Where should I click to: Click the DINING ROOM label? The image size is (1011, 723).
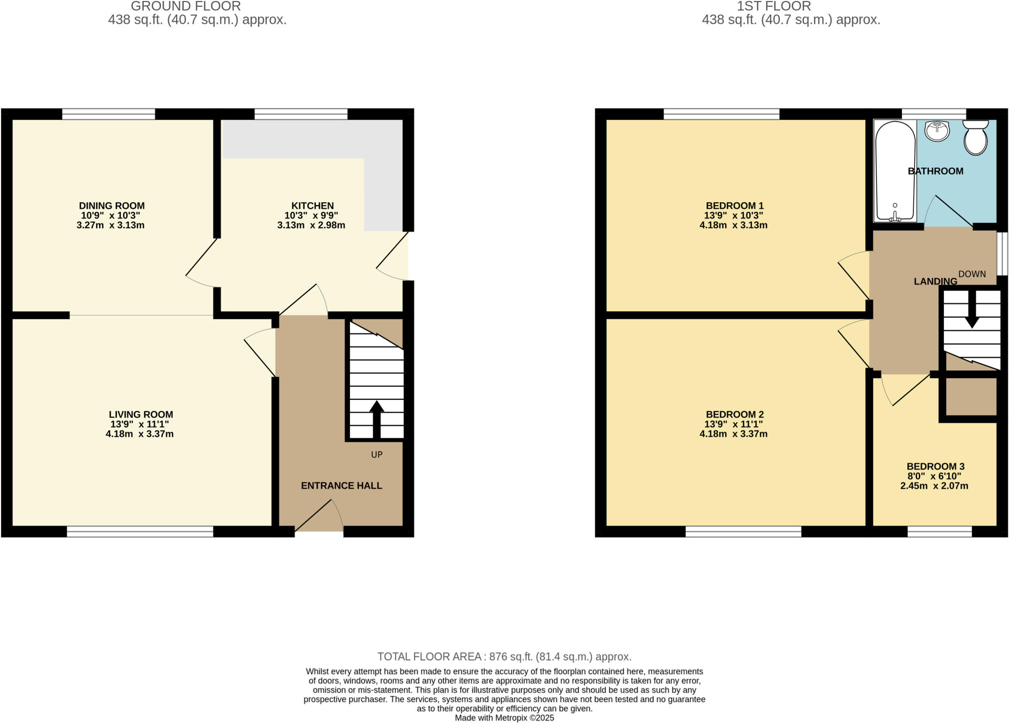[112, 206]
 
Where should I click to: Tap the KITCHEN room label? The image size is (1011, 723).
[312, 206]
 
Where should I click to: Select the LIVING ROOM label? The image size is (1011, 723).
[141, 415]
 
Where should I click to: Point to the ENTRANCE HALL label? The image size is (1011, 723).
[342, 486]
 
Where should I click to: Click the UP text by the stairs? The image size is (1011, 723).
[377, 455]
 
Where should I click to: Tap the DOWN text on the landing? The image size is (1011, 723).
[972, 274]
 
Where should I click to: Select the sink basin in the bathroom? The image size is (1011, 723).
[937, 131]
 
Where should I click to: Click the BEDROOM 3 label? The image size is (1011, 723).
[935, 467]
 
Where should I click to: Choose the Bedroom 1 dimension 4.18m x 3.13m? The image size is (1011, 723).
[733, 225]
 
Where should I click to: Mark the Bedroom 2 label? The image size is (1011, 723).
[735, 415]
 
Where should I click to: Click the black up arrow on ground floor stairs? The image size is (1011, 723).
[377, 418]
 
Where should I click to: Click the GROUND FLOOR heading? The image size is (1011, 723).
[186, 6]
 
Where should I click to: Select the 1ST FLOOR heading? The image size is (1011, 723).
[774, 6]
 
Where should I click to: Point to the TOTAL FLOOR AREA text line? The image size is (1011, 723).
[505, 657]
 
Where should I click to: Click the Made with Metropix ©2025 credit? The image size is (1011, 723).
[505, 718]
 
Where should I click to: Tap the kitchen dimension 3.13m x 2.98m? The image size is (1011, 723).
[311, 225]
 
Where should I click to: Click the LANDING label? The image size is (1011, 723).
[935, 282]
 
